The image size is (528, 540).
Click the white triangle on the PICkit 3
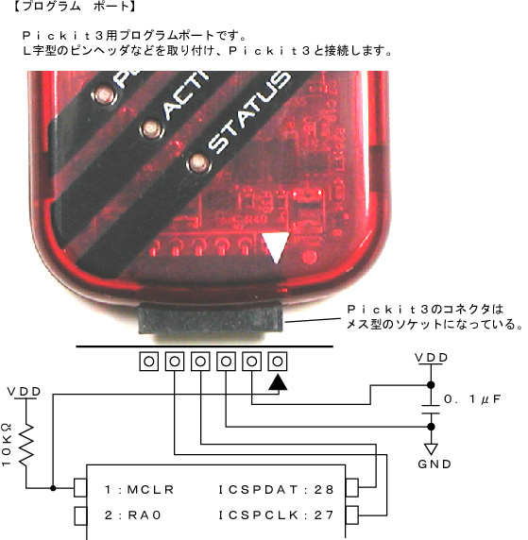(x=276, y=246)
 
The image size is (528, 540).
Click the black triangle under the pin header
(x=278, y=382)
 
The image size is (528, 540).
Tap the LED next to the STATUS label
(x=197, y=163)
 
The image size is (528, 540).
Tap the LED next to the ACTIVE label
(x=151, y=128)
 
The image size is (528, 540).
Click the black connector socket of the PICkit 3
(x=211, y=318)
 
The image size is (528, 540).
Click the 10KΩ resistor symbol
(x=26, y=446)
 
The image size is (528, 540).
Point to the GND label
(x=434, y=464)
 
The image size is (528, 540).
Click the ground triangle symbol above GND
(x=431, y=448)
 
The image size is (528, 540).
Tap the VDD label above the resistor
(x=24, y=392)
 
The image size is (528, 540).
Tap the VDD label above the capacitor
(x=431, y=358)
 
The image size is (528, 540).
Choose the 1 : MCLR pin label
(x=139, y=489)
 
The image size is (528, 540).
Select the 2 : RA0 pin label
(x=132, y=515)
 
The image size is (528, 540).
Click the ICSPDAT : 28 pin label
(x=276, y=489)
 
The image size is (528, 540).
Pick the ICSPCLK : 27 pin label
(x=276, y=515)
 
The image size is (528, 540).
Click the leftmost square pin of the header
(x=149, y=362)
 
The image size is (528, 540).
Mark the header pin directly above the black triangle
(x=278, y=362)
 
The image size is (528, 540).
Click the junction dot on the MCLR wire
(x=53, y=488)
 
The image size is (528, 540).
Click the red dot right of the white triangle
(x=309, y=257)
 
